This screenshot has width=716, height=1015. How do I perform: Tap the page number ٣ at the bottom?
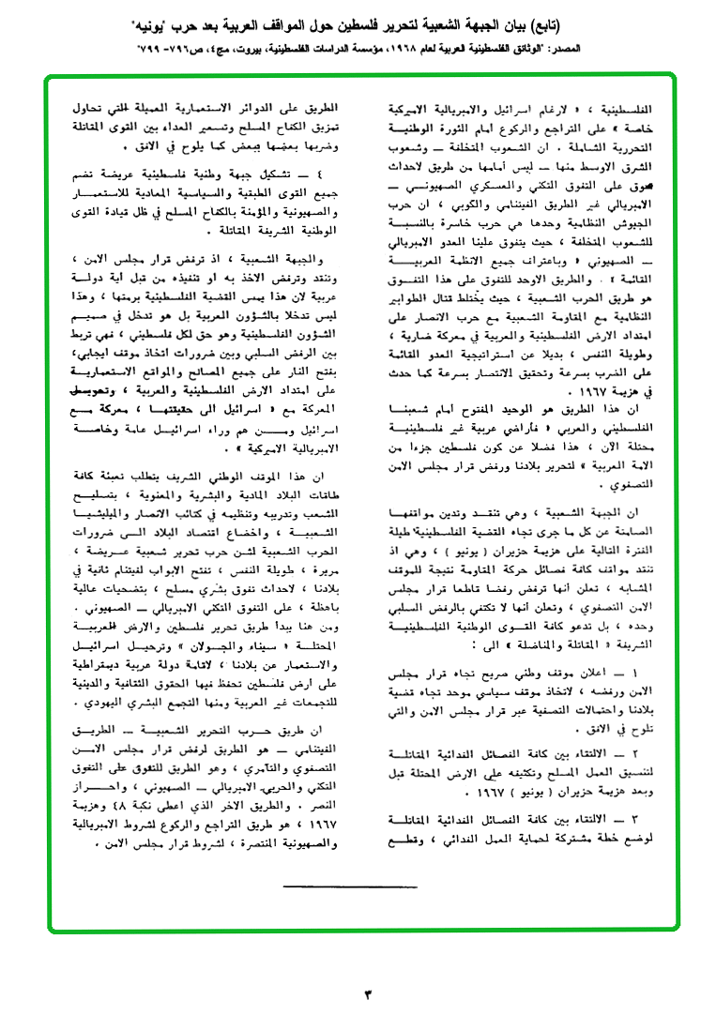coord(368,991)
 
